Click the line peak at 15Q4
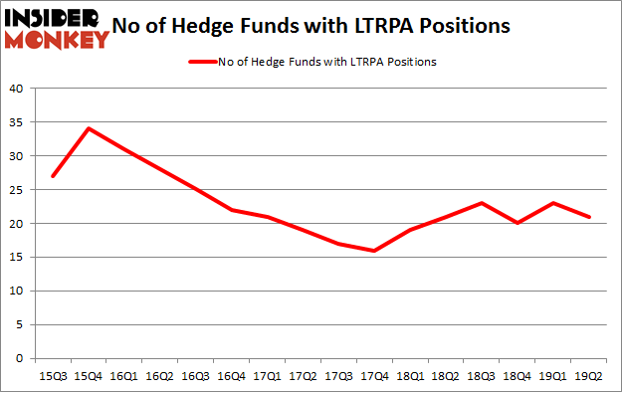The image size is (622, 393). tap(90, 128)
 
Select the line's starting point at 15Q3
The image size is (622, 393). tap(53, 176)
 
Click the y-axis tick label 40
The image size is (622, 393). tap(17, 89)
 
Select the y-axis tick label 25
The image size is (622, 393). tap(17, 190)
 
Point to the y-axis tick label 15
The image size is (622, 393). tap(17, 258)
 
